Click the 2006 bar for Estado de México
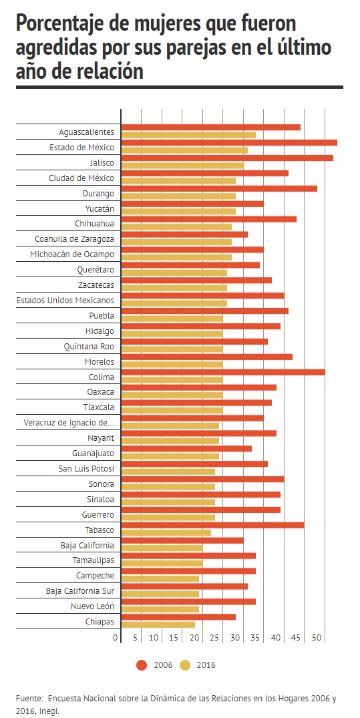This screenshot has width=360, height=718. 229,143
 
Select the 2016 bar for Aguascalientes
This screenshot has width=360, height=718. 188,135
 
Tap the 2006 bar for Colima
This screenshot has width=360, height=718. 223,372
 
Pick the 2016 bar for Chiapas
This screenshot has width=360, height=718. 158,624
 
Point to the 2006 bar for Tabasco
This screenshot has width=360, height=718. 212,525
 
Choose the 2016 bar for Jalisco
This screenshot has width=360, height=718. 182,166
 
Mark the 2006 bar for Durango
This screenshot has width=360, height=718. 219,188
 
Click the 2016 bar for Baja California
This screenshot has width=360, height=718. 162,548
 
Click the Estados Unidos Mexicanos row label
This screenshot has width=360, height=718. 65,301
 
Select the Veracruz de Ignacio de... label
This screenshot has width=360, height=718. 69,423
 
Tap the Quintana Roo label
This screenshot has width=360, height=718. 89,347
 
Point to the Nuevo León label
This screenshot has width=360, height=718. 92,606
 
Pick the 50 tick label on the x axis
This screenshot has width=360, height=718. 317,637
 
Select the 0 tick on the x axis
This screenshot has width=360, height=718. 116,637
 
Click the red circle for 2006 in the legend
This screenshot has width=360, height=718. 142,665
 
